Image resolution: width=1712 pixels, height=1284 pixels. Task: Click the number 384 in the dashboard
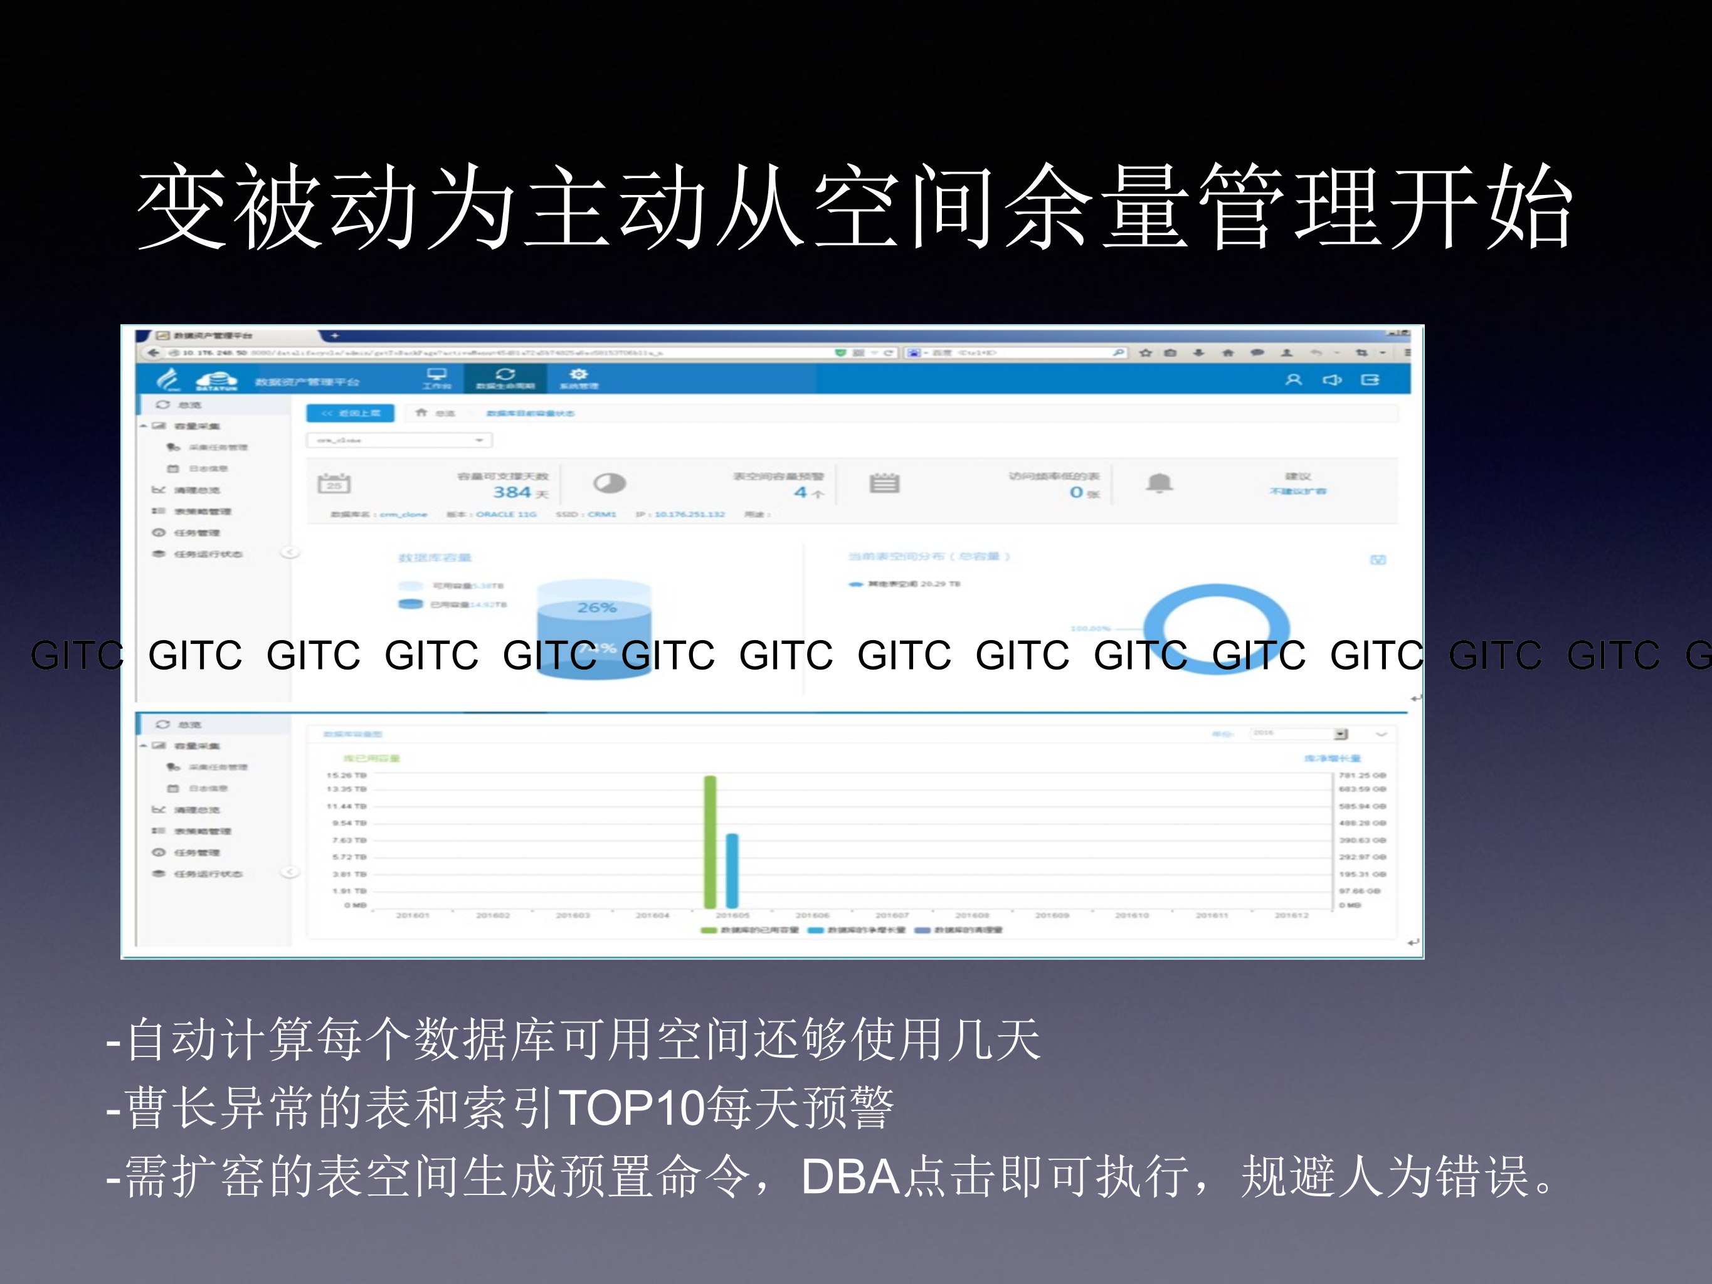512,492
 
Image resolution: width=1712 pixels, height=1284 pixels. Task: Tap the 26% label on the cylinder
597,608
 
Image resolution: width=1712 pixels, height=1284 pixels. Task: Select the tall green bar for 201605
710,841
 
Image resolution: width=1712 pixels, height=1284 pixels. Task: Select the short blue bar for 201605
732,870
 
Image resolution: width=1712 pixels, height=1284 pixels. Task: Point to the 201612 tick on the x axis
1292,915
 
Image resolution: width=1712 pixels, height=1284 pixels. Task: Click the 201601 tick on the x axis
413,915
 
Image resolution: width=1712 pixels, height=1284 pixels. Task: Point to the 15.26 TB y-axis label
346,775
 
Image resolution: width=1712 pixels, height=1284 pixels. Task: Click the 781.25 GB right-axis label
1362,775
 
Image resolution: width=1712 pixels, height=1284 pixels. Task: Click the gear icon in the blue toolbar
578,374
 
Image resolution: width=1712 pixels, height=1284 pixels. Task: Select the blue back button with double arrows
351,413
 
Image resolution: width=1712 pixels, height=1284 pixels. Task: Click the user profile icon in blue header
1293,380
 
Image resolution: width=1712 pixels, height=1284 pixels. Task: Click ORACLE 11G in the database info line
505,515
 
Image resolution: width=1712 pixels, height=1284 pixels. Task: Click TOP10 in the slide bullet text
631,1108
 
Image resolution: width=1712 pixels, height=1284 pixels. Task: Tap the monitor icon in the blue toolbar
437,374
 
